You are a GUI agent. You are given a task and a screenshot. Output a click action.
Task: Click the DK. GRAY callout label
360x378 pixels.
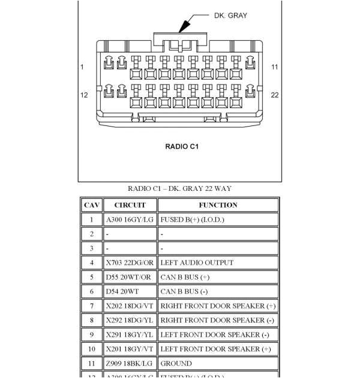click(230, 16)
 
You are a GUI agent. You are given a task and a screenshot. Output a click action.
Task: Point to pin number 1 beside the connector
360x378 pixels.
click(82, 67)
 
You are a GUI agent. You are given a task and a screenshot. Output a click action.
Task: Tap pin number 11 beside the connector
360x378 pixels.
click(275, 67)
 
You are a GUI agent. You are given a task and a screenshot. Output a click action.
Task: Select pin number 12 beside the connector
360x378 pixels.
click(84, 95)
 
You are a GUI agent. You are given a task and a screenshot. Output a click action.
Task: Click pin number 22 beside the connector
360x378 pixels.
click(275, 95)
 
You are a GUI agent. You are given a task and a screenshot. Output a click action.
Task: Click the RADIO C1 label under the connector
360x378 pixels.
click(181, 146)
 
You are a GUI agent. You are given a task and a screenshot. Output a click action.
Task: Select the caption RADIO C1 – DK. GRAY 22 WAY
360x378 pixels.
click(179, 188)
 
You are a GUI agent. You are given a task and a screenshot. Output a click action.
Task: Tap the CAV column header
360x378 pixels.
click(92, 205)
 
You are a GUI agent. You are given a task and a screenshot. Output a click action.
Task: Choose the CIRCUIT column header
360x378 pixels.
click(130, 205)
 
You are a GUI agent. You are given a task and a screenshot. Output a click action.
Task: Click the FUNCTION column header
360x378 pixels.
click(218, 205)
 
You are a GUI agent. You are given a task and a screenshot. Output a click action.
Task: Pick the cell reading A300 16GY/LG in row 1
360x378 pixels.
click(130, 220)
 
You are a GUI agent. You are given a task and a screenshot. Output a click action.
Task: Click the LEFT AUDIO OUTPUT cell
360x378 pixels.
click(197, 263)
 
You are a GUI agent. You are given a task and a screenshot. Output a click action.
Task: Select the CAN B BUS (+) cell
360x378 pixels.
click(185, 277)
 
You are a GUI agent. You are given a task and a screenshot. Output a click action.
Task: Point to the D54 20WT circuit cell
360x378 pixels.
click(122, 292)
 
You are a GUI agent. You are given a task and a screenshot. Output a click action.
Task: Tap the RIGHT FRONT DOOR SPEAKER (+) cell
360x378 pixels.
click(218, 306)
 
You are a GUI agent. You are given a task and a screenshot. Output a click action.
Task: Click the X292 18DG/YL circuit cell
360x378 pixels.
click(130, 320)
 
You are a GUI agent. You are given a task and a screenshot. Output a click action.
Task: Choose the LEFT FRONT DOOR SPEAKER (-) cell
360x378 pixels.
click(215, 335)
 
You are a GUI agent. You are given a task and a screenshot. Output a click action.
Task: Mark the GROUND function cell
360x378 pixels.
click(176, 364)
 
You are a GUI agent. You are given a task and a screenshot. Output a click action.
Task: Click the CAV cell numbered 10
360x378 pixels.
click(92, 349)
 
